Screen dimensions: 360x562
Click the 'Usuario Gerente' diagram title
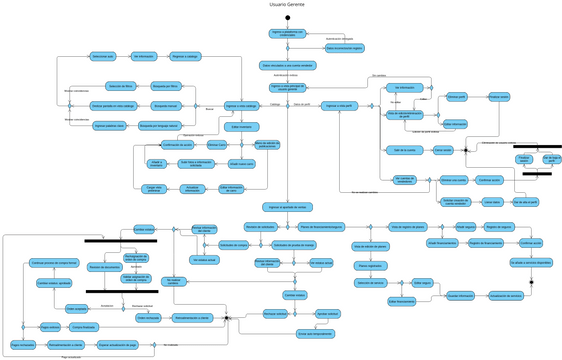287,5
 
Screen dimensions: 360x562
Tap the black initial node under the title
287,18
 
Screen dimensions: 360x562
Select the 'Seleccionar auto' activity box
103,56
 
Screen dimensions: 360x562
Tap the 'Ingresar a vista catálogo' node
241,105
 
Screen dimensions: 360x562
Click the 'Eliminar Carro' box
217,145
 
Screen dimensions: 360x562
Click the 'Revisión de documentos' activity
105,266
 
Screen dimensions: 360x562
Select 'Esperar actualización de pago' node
116,345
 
